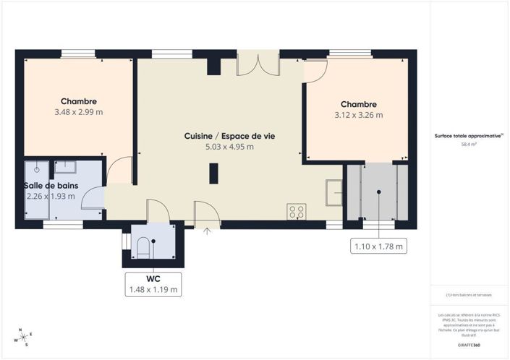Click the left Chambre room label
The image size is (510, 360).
pyautogui.click(x=78, y=102)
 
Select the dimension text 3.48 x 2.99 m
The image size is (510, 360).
pyautogui.click(x=78, y=112)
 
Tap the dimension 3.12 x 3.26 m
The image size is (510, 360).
pyautogui.click(x=358, y=114)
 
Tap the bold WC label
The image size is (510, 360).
pyautogui.click(x=153, y=278)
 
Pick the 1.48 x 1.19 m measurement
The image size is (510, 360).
pyautogui.click(x=153, y=289)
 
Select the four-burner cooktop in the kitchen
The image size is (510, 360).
pyautogui.click(x=296, y=212)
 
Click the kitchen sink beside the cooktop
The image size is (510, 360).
pyautogui.click(x=333, y=192)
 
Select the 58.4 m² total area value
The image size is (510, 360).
pyautogui.click(x=469, y=145)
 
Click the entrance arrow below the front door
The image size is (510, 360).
pyautogui.click(x=208, y=232)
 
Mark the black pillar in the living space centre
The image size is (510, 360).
pyautogui.click(x=213, y=174)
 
